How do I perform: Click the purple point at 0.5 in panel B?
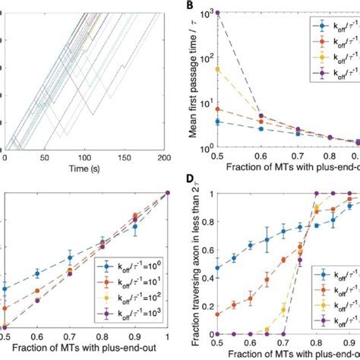pos(218,13)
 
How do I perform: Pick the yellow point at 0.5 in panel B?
pos(218,69)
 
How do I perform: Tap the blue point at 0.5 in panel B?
pos(218,122)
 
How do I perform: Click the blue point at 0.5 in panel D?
pos(218,267)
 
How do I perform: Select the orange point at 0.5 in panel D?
pos(218,314)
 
